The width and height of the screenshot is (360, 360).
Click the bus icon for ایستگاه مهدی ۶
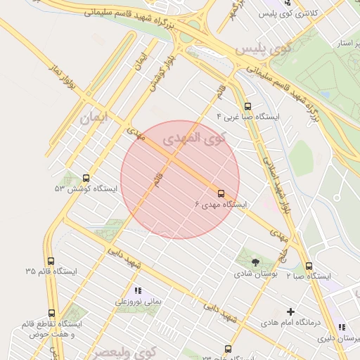click(x=221, y=193)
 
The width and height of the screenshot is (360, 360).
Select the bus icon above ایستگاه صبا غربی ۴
click(x=247, y=107)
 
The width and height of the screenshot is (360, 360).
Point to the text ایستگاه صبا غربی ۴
click(x=248, y=116)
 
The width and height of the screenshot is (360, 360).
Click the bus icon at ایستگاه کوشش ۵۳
click(x=86, y=179)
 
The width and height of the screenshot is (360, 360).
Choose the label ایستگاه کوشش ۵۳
click(x=79, y=188)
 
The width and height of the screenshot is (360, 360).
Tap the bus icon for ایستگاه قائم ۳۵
click(x=51, y=262)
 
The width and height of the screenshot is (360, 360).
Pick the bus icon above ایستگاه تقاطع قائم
click(x=51, y=314)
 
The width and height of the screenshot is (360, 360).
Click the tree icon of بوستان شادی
click(x=255, y=262)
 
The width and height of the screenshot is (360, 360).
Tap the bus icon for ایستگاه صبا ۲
click(x=309, y=266)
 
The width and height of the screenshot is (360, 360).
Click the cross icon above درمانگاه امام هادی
click(x=291, y=311)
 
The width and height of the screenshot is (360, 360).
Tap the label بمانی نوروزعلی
click(x=139, y=301)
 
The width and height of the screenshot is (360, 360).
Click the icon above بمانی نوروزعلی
click(x=138, y=290)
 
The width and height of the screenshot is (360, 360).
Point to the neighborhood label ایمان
click(x=96, y=117)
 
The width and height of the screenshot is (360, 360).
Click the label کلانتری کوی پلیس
click(x=283, y=13)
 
